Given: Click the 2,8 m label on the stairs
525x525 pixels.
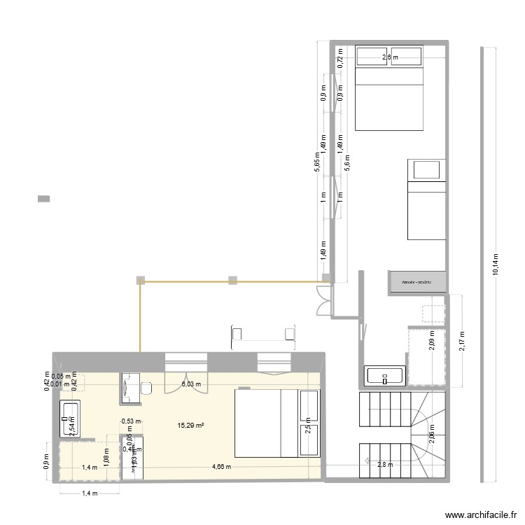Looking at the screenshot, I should tap(386, 464).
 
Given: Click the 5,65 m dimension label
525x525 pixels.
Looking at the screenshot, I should tap(317, 163).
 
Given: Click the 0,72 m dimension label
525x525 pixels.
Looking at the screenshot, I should tap(340, 62).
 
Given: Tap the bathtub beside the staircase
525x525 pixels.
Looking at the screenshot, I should tap(385, 376).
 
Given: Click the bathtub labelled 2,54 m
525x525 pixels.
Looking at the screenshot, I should tap(71, 419).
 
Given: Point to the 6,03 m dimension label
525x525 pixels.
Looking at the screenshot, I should tap(191, 384).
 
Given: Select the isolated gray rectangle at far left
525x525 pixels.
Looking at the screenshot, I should tap(43, 199).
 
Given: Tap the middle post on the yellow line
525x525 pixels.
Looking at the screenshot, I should tap(232, 281).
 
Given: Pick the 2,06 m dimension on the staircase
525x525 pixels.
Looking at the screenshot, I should tap(431, 440).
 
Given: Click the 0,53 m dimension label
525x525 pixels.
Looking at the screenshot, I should tap(131, 421).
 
